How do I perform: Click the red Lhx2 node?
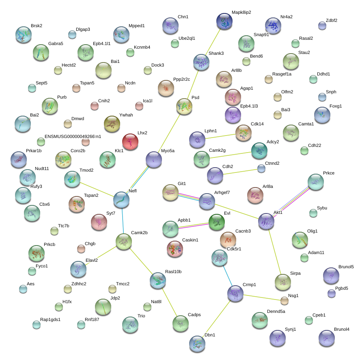click(x=130, y=142)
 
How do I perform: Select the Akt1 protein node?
click(x=266, y=221)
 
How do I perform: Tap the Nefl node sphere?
click(x=121, y=200)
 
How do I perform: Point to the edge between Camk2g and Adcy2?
click(x=231, y=155)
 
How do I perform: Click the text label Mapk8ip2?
click(x=241, y=12)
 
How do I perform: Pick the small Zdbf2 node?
click(x=322, y=26)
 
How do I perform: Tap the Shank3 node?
click(x=201, y=62)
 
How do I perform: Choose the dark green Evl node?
click(x=216, y=222)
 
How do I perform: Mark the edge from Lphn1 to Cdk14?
click(x=219, y=136)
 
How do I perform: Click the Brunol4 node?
click(x=327, y=338)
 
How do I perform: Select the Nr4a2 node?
click(x=273, y=26)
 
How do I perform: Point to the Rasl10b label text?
click(x=173, y=271)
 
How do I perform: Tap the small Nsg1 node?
click(x=284, y=301)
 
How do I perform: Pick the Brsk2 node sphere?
click(x=23, y=34)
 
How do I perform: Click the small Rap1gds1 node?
click(x=37, y=324)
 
